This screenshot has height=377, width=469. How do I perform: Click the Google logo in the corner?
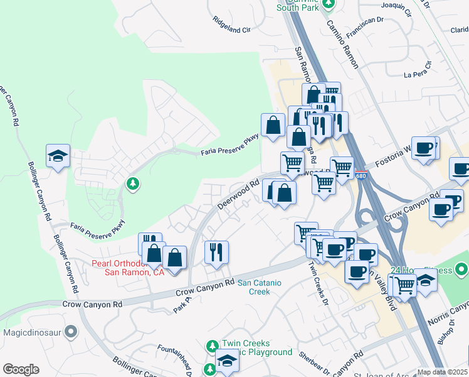tap(21, 369)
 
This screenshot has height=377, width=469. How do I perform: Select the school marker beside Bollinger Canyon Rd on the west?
tap(58, 156)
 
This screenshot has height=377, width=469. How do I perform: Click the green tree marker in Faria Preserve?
tap(132, 183)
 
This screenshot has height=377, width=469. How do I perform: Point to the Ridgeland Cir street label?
tap(231, 29)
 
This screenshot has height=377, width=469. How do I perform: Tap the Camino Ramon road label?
tap(342, 42)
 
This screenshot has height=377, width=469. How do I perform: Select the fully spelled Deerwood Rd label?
tap(238, 195)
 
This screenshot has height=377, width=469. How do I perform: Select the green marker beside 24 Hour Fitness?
tap(462, 270)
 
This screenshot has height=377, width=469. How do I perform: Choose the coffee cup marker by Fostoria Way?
tap(424, 148)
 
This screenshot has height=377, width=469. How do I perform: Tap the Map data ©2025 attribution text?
tap(442, 372)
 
